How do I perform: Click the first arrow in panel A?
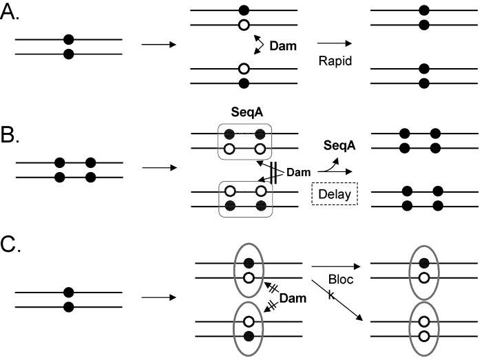coord(158,46)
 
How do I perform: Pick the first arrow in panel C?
coord(158,298)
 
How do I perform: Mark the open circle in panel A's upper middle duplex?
coord(243,25)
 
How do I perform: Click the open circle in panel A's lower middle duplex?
coord(243,70)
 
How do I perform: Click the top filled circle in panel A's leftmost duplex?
coord(68,40)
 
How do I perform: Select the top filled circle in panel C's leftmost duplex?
coord(68,292)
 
